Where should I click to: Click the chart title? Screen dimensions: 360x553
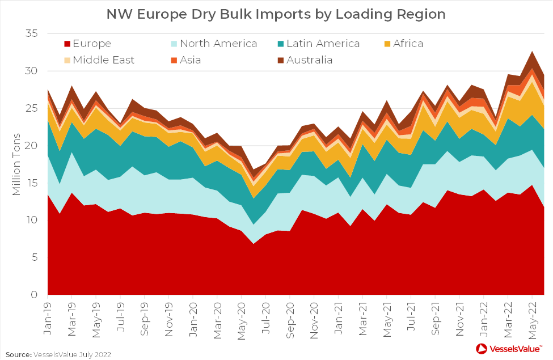point(276,14)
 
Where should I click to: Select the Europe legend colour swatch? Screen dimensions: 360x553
point(66,44)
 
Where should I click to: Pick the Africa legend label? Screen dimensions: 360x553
point(405,44)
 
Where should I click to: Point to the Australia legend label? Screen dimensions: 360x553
point(310,60)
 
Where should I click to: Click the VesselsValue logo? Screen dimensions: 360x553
point(508,348)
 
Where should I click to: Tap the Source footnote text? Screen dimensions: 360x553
point(58,354)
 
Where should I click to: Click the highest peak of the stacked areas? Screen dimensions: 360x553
point(532,52)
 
